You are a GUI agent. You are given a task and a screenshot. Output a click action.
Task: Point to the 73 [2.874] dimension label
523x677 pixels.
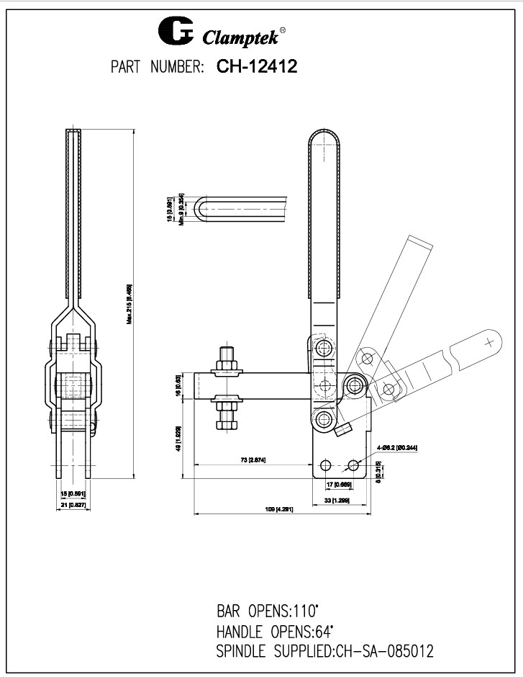click(252, 460)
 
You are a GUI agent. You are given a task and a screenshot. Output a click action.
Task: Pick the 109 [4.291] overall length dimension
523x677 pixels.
click(280, 510)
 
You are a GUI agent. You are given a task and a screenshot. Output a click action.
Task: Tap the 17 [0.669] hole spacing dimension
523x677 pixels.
click(337, 484)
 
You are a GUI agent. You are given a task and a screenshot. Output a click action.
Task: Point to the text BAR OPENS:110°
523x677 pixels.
click(267, 612)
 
